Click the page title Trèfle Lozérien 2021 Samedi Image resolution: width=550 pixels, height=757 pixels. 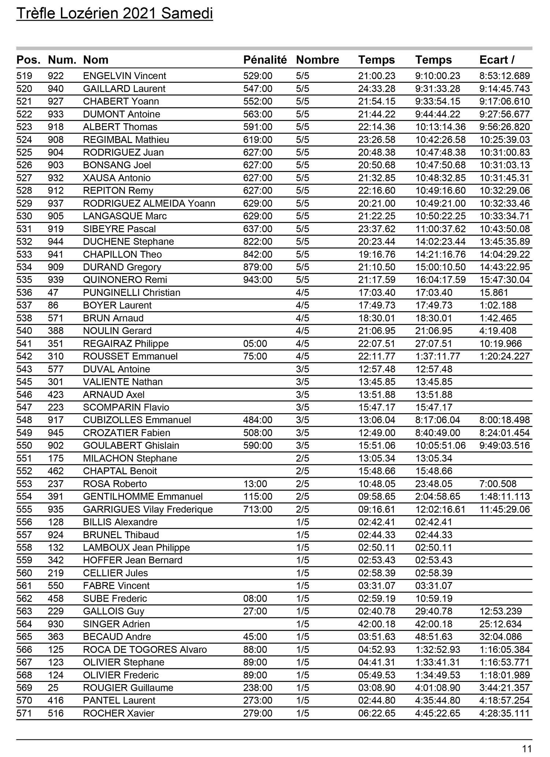[x=114, y=14]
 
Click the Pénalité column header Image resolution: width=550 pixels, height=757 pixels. [x=265, y=60]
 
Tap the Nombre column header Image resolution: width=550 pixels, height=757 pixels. [x=317, y=60]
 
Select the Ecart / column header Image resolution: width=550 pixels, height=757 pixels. [x=497, y=60]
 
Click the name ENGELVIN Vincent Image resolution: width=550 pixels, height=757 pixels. [x=124, y=76]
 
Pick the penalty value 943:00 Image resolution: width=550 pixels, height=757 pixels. [x=258, y=280]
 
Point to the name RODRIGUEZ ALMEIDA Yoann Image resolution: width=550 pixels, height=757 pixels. [x=149, y=203]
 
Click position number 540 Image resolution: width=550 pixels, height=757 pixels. [x=24, y=331]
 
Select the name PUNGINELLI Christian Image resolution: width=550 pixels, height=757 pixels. [x=132, y=293]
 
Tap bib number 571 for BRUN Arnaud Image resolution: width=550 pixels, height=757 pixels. [x=56, y=318]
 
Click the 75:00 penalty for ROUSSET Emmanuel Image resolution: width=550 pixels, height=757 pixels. [x=255, y=356]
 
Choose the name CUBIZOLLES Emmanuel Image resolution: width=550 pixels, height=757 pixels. [x=137, y=420]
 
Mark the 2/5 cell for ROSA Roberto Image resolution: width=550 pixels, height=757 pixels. [x=302, y=484]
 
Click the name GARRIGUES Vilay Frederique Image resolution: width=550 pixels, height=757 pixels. [x=148, y=510]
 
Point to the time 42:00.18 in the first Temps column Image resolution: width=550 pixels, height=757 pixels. [x=377, y=624]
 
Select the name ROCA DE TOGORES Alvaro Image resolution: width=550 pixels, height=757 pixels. [x=145, y=650]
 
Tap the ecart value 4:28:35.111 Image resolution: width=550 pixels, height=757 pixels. [x=505, y=713]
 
